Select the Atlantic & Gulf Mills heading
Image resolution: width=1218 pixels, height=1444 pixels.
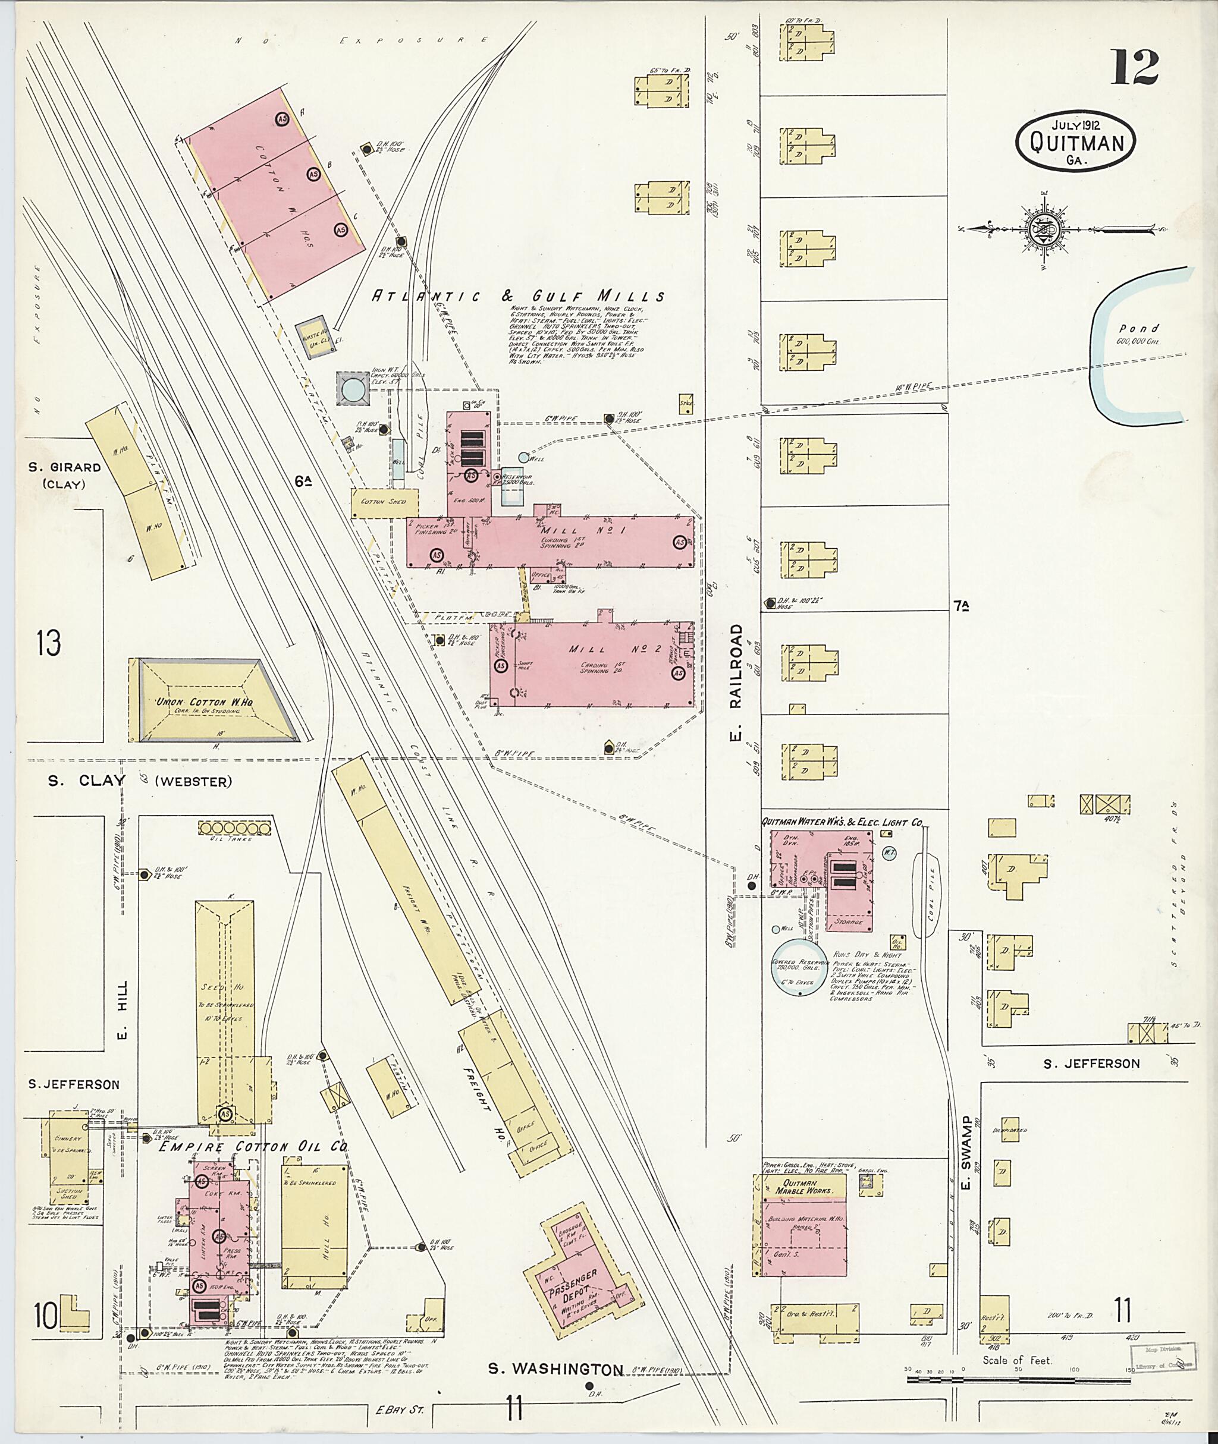click(518, 296)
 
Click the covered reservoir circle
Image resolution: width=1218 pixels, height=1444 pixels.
click(799, 967)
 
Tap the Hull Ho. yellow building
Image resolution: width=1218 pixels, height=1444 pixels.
click(314, 1225)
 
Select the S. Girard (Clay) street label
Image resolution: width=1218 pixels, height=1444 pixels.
click(65, 475)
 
